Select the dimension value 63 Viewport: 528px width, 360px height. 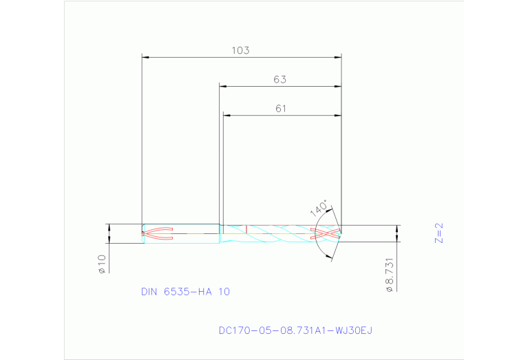279,79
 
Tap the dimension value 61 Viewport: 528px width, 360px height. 280,108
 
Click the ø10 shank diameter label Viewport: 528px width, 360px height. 102,264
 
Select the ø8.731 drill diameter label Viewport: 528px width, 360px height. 390,275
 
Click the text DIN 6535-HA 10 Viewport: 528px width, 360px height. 185,291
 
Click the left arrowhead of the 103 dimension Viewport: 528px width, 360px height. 145,57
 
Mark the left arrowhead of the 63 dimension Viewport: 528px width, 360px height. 223,86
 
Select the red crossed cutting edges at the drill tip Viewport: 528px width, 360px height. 326,233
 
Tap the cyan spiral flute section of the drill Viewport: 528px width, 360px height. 275,233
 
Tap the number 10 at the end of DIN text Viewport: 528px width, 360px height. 224,291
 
